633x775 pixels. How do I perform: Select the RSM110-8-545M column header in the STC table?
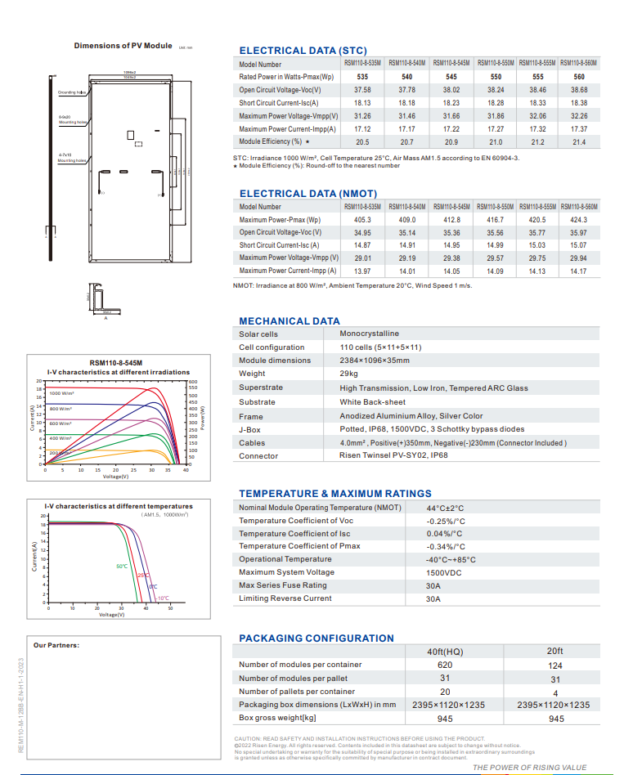coord(451,63)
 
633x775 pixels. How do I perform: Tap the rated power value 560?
coord(579,77)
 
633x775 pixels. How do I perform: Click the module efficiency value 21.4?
coord(579,142)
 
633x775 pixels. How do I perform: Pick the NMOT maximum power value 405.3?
coord(362,220)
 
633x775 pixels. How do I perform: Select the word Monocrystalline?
coord(369,334)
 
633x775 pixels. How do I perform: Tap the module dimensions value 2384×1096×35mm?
coord(375,361)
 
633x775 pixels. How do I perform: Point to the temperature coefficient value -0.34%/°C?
coord(446,546)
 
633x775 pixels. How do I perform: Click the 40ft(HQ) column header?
coord(445,652)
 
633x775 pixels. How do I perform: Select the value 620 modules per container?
coord(445,665)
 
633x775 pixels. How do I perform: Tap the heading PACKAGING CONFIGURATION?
coord(316,638)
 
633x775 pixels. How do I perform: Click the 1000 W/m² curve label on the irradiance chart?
coord(61,394)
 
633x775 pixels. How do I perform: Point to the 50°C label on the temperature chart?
coord(122,567)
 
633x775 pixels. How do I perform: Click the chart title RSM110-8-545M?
coord(116,362)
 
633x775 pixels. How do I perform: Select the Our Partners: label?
coord(56,646)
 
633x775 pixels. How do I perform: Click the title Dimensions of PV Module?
coord(123,46)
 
